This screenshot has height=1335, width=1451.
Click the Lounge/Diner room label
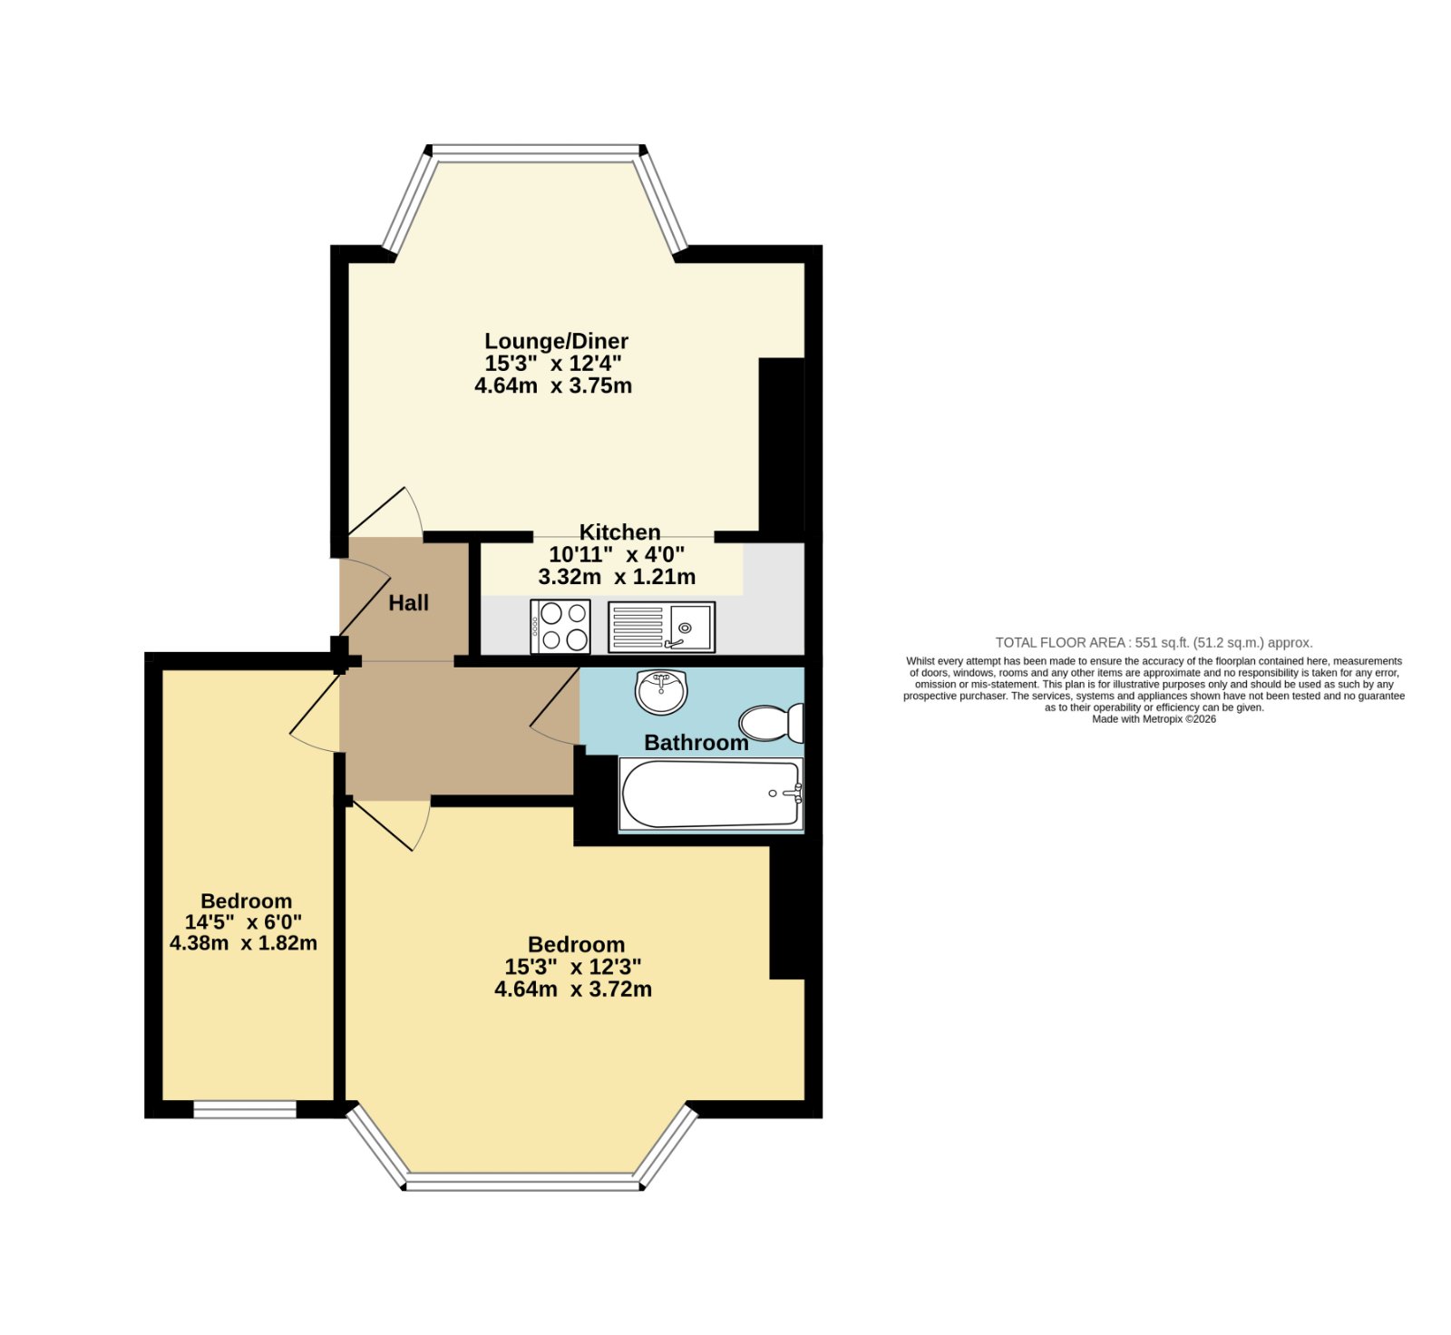556,341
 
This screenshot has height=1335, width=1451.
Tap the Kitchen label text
620,532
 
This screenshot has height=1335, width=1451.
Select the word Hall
409,603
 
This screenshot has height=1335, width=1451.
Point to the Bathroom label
696,743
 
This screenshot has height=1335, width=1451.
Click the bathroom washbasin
662,692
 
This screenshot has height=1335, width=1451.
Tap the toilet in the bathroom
772,723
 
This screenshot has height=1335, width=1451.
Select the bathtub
711,794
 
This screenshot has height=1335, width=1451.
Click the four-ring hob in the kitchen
560,626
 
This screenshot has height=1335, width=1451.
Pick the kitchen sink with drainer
662,627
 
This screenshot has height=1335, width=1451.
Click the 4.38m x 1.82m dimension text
243,943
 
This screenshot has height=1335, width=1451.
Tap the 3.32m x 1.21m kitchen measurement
617,577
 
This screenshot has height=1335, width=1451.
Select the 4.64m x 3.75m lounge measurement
553,385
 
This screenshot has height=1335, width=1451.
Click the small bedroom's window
245,1109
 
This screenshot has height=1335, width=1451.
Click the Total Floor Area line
1154,642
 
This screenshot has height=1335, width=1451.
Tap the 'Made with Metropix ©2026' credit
1154,719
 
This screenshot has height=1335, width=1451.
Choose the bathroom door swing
555,707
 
